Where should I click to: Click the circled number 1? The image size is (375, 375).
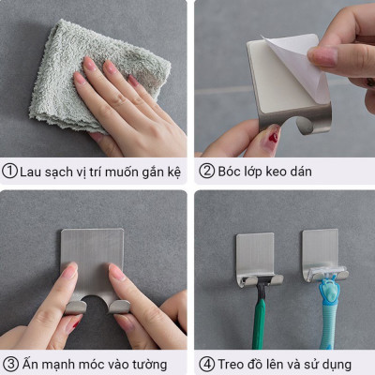tap(10, 172)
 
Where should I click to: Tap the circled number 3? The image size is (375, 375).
tap(10, 364)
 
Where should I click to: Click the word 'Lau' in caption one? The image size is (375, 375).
tap(34, 172)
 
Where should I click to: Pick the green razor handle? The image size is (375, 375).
tap(260, 319)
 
